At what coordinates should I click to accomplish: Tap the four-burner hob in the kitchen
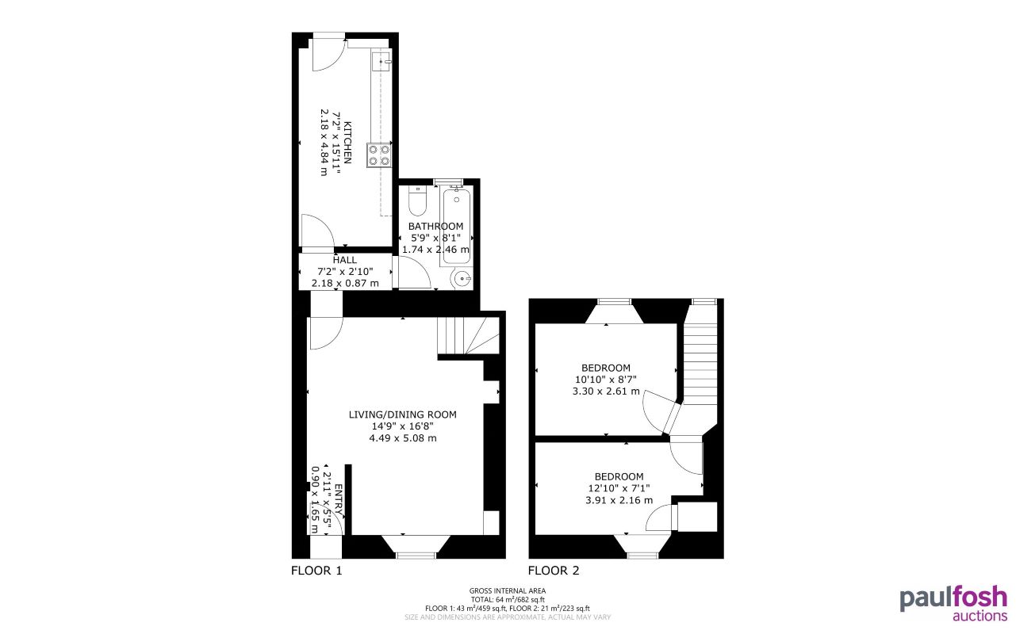click(379, 155)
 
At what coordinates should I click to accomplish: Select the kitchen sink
click(381, 60)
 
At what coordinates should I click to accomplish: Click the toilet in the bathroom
click(417, 203)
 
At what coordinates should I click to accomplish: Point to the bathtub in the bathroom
click(456, 226)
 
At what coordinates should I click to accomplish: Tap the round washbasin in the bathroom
click(462, 278)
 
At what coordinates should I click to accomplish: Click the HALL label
click(345, 260)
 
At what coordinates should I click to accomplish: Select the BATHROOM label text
click(435, 227)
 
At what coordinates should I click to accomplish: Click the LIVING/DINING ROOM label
click(403, 414)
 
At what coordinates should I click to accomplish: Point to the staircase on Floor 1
click(468, 336)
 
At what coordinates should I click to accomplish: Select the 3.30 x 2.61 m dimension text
click(605, 391)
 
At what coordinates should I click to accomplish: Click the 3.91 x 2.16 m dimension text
click(619, 500)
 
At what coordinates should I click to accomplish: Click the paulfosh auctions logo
click(953, 602)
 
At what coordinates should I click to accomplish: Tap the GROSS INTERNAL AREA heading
click(508, 590)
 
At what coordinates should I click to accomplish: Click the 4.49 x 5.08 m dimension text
click(403, 438)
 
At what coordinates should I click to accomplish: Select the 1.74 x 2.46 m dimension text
click(435, 250)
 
